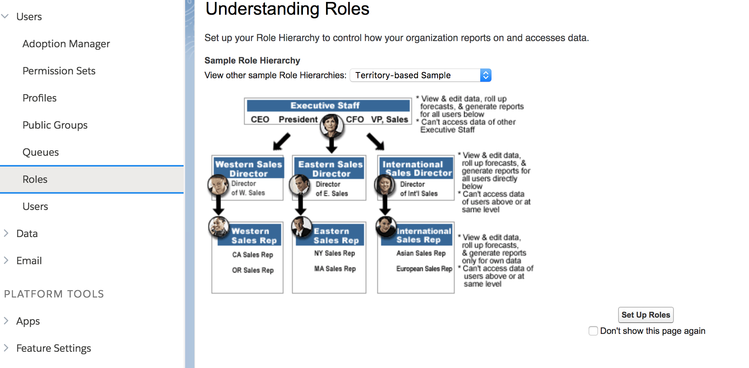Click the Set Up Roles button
[646, 315]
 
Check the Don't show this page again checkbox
[593, 331]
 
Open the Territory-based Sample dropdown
[421, 75]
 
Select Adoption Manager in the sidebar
[66, 44]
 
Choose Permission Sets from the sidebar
[59, 71]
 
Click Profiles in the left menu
[40, 98]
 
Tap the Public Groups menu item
[55, 125]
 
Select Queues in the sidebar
[41, 152]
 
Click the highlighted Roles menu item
[35, 179]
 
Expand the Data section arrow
[6, 233]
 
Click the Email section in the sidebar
[29, 261]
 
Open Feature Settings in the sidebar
[53, 348]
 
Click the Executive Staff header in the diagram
[325, 105]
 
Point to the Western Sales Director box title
[249, 169]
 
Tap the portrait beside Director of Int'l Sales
[385, 185]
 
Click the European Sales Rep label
[424, 268]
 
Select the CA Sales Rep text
[253, 255]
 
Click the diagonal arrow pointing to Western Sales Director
[282, 141]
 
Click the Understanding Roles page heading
[287, 9]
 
